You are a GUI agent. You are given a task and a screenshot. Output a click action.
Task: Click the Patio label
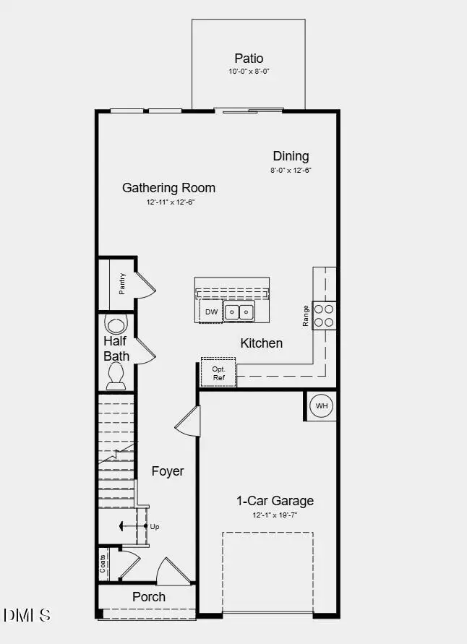tap(249, 58)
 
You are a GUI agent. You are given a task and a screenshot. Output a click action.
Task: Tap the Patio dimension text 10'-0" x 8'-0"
tap(249, 72)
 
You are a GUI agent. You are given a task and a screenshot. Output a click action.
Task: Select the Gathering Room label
tap(168, 188)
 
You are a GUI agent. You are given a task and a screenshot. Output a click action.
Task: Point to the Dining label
tap(291, 156)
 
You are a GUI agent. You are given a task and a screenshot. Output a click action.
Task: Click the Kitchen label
tap(261, 343)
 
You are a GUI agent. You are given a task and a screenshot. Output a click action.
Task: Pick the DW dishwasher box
tap(211, 312)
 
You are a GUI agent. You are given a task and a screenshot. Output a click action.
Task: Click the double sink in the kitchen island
tap(239, 312)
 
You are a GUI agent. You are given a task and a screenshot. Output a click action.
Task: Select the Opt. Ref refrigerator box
tap(218, 373)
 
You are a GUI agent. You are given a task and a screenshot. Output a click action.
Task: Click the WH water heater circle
tap(321, 406)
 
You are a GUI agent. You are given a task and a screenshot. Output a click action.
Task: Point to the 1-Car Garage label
tap(275, 501)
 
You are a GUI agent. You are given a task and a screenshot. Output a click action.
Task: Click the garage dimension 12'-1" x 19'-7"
tap(275, 515)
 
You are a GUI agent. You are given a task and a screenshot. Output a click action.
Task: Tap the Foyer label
tap(167, 471)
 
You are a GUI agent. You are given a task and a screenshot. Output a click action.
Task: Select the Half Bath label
tap(116, 348)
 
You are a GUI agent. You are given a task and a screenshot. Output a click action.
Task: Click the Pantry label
tap(122, 283)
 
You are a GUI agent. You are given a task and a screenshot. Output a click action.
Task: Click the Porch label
tap(148, 597)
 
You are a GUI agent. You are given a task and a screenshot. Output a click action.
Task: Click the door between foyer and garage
tap(188, 422)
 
